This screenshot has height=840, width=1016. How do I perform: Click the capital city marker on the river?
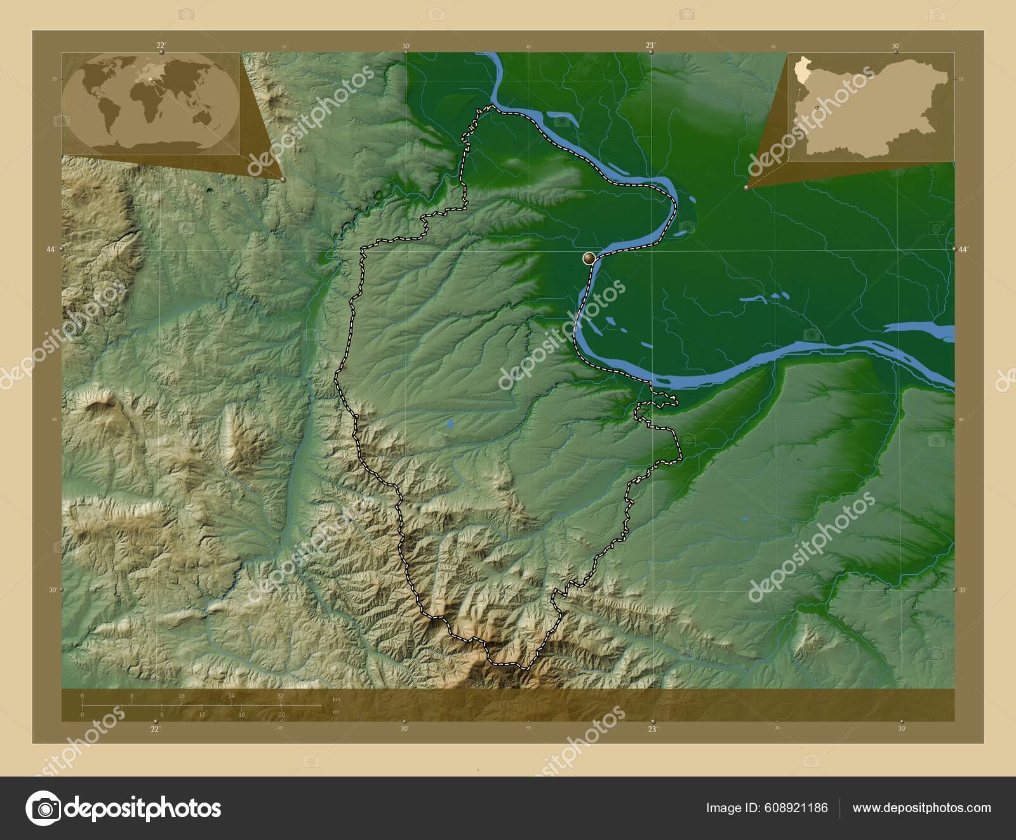click(589, 258)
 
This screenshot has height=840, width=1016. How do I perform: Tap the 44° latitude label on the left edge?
click(51, 250)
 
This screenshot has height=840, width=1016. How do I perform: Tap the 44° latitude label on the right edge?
click(963, 250)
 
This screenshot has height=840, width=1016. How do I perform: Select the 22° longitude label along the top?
click(160, 45)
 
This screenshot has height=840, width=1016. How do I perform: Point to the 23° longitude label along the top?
click(650, 45)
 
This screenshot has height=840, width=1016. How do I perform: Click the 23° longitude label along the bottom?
click(652, 729)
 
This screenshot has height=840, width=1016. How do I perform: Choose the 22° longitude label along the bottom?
click(155, 729)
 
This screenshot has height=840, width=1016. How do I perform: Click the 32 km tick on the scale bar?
click(281, 696)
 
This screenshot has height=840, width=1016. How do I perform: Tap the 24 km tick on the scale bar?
click(231, 696)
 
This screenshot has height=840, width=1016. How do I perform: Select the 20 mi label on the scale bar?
click(281, 714)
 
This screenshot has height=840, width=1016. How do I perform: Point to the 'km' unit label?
click(337, 699)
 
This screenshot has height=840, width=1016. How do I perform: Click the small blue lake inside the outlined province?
click(450, 423)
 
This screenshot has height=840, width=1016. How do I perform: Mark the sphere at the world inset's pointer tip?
click(283, 180)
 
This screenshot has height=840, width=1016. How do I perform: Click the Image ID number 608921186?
click(796, 808)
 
